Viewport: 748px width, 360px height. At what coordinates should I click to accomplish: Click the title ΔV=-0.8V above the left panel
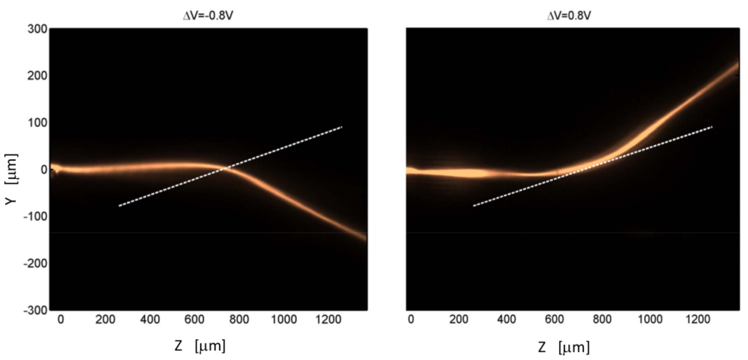pyautogui.click(x=208, y=16)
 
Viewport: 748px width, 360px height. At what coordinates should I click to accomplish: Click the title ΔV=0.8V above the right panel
pyautogui.click(x=569, y=16)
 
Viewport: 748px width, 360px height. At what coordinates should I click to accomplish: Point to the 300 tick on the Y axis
pyautogui.click(x=37, y=29)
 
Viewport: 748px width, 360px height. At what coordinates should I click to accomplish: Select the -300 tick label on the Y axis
pyautogui.click(x=36, y=310)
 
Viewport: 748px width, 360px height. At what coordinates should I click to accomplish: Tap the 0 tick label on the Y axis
pyautogui.click(x=44, y=170)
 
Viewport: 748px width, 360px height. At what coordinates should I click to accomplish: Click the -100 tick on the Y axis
pyautogui.click(x=36, y=217)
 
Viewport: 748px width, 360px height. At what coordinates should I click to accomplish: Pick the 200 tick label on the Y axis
pyautogui.click(x=37, y=76)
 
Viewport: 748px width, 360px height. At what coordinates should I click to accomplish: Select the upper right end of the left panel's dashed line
pyautogui.click(x=342, y=127)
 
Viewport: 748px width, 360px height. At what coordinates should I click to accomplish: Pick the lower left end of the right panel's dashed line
pyautogui.click(x=474, y=206)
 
